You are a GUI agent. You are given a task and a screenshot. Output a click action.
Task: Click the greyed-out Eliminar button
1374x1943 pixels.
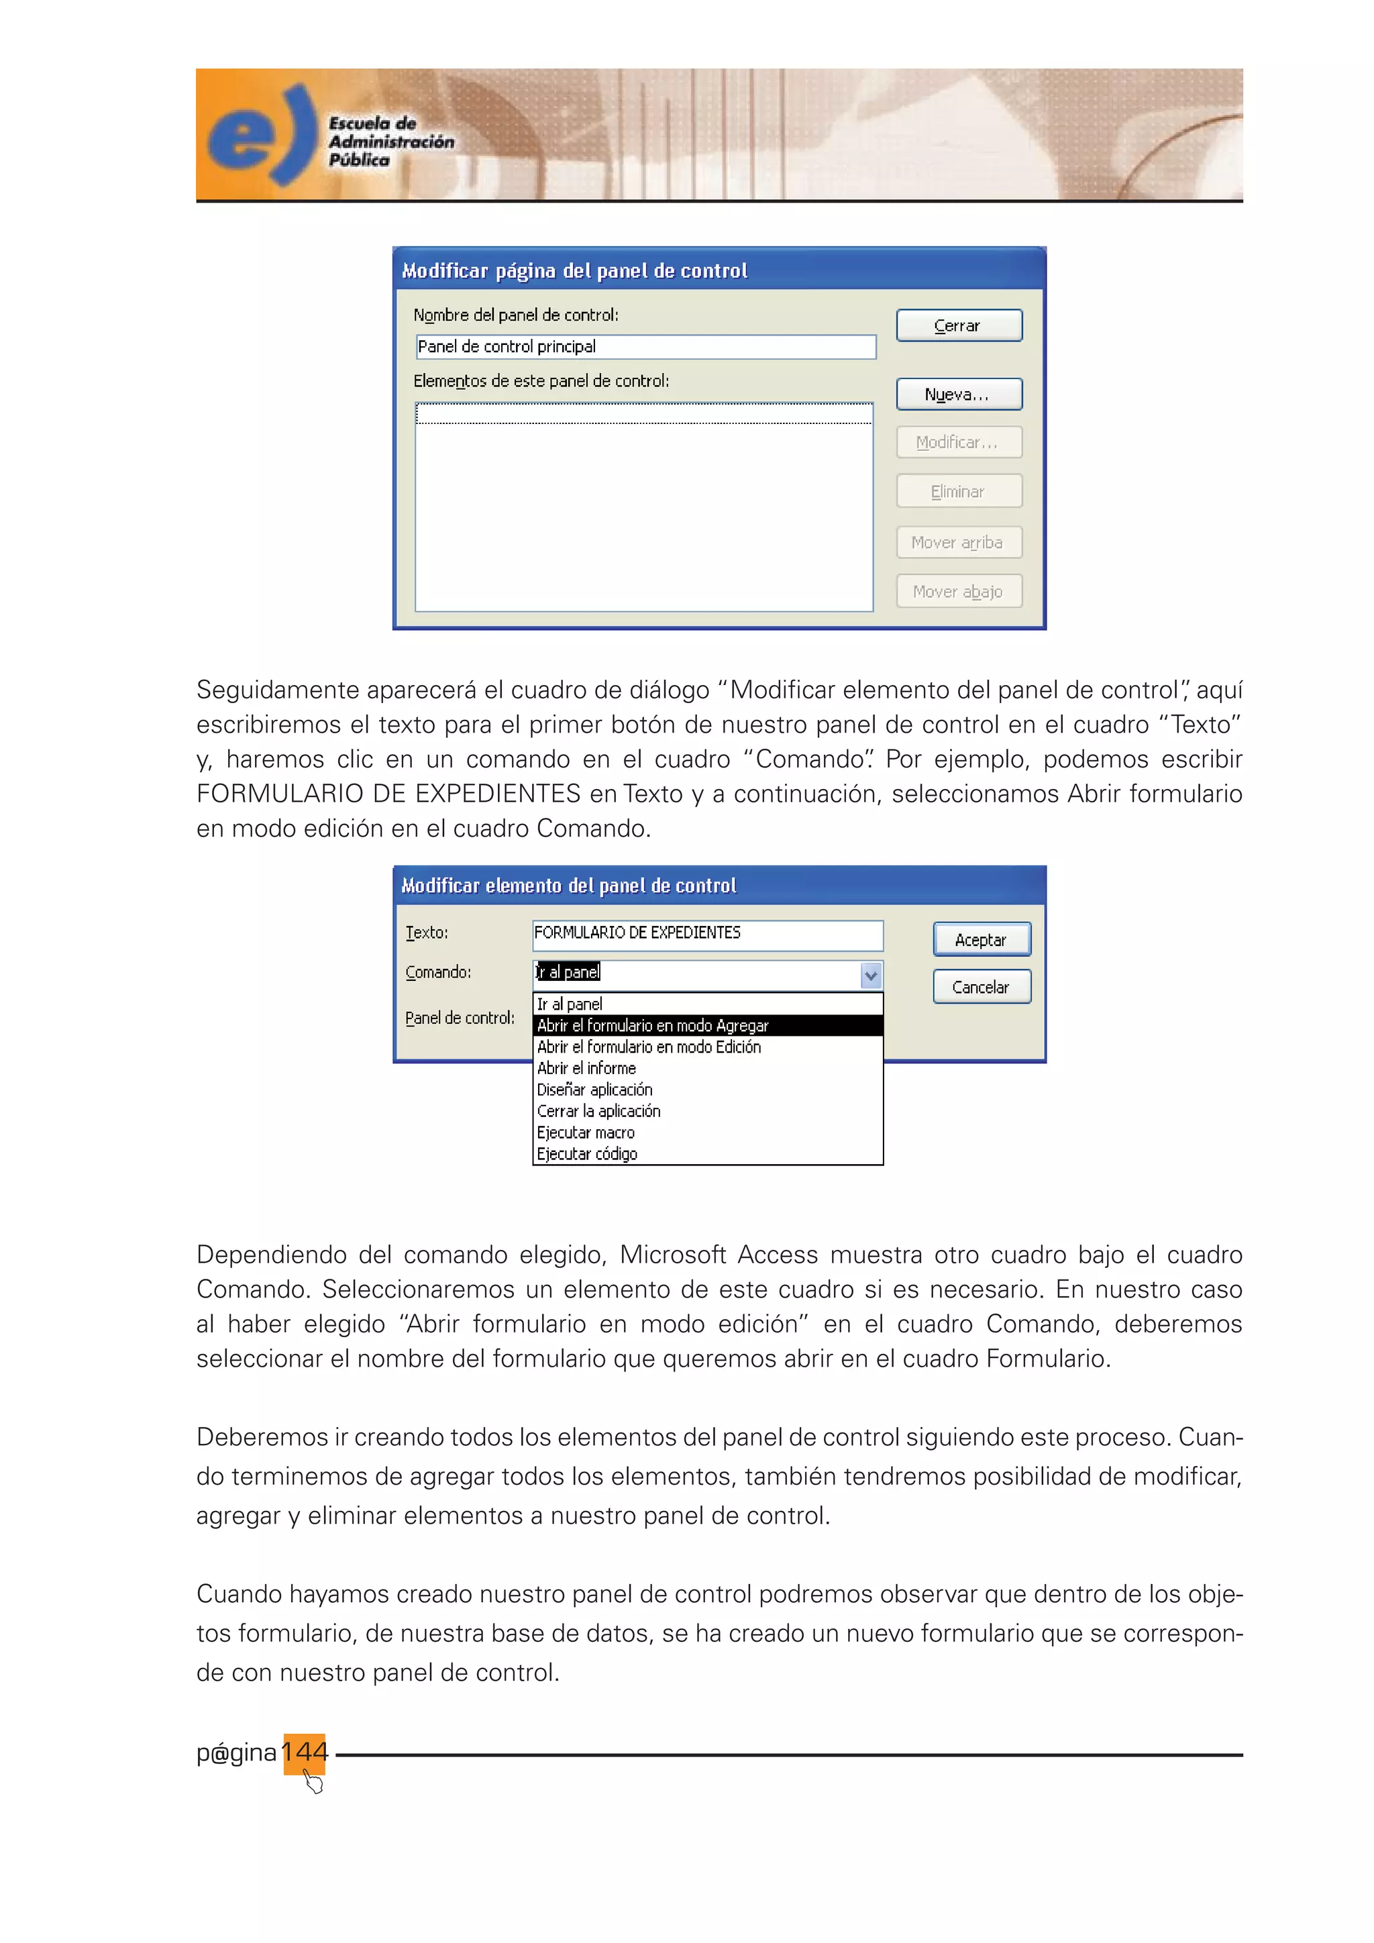959,492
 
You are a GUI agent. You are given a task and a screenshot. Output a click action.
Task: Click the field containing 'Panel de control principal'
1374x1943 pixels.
645,347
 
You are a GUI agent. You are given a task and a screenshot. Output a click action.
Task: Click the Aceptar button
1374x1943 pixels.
982,939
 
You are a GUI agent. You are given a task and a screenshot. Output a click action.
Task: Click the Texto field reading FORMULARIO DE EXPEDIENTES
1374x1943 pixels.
707,933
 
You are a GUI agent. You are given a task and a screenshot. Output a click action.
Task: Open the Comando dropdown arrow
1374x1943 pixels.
871,976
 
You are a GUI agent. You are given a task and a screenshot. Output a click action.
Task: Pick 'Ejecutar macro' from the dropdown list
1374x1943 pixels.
586,1133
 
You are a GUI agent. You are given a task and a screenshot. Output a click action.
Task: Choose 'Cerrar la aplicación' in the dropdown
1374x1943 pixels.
599,1111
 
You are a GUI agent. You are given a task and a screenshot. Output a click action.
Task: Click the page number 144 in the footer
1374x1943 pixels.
305,1751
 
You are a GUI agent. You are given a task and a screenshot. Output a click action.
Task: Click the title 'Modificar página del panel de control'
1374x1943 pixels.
576,271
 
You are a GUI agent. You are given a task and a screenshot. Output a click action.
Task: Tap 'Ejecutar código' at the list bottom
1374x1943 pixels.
587,1154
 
